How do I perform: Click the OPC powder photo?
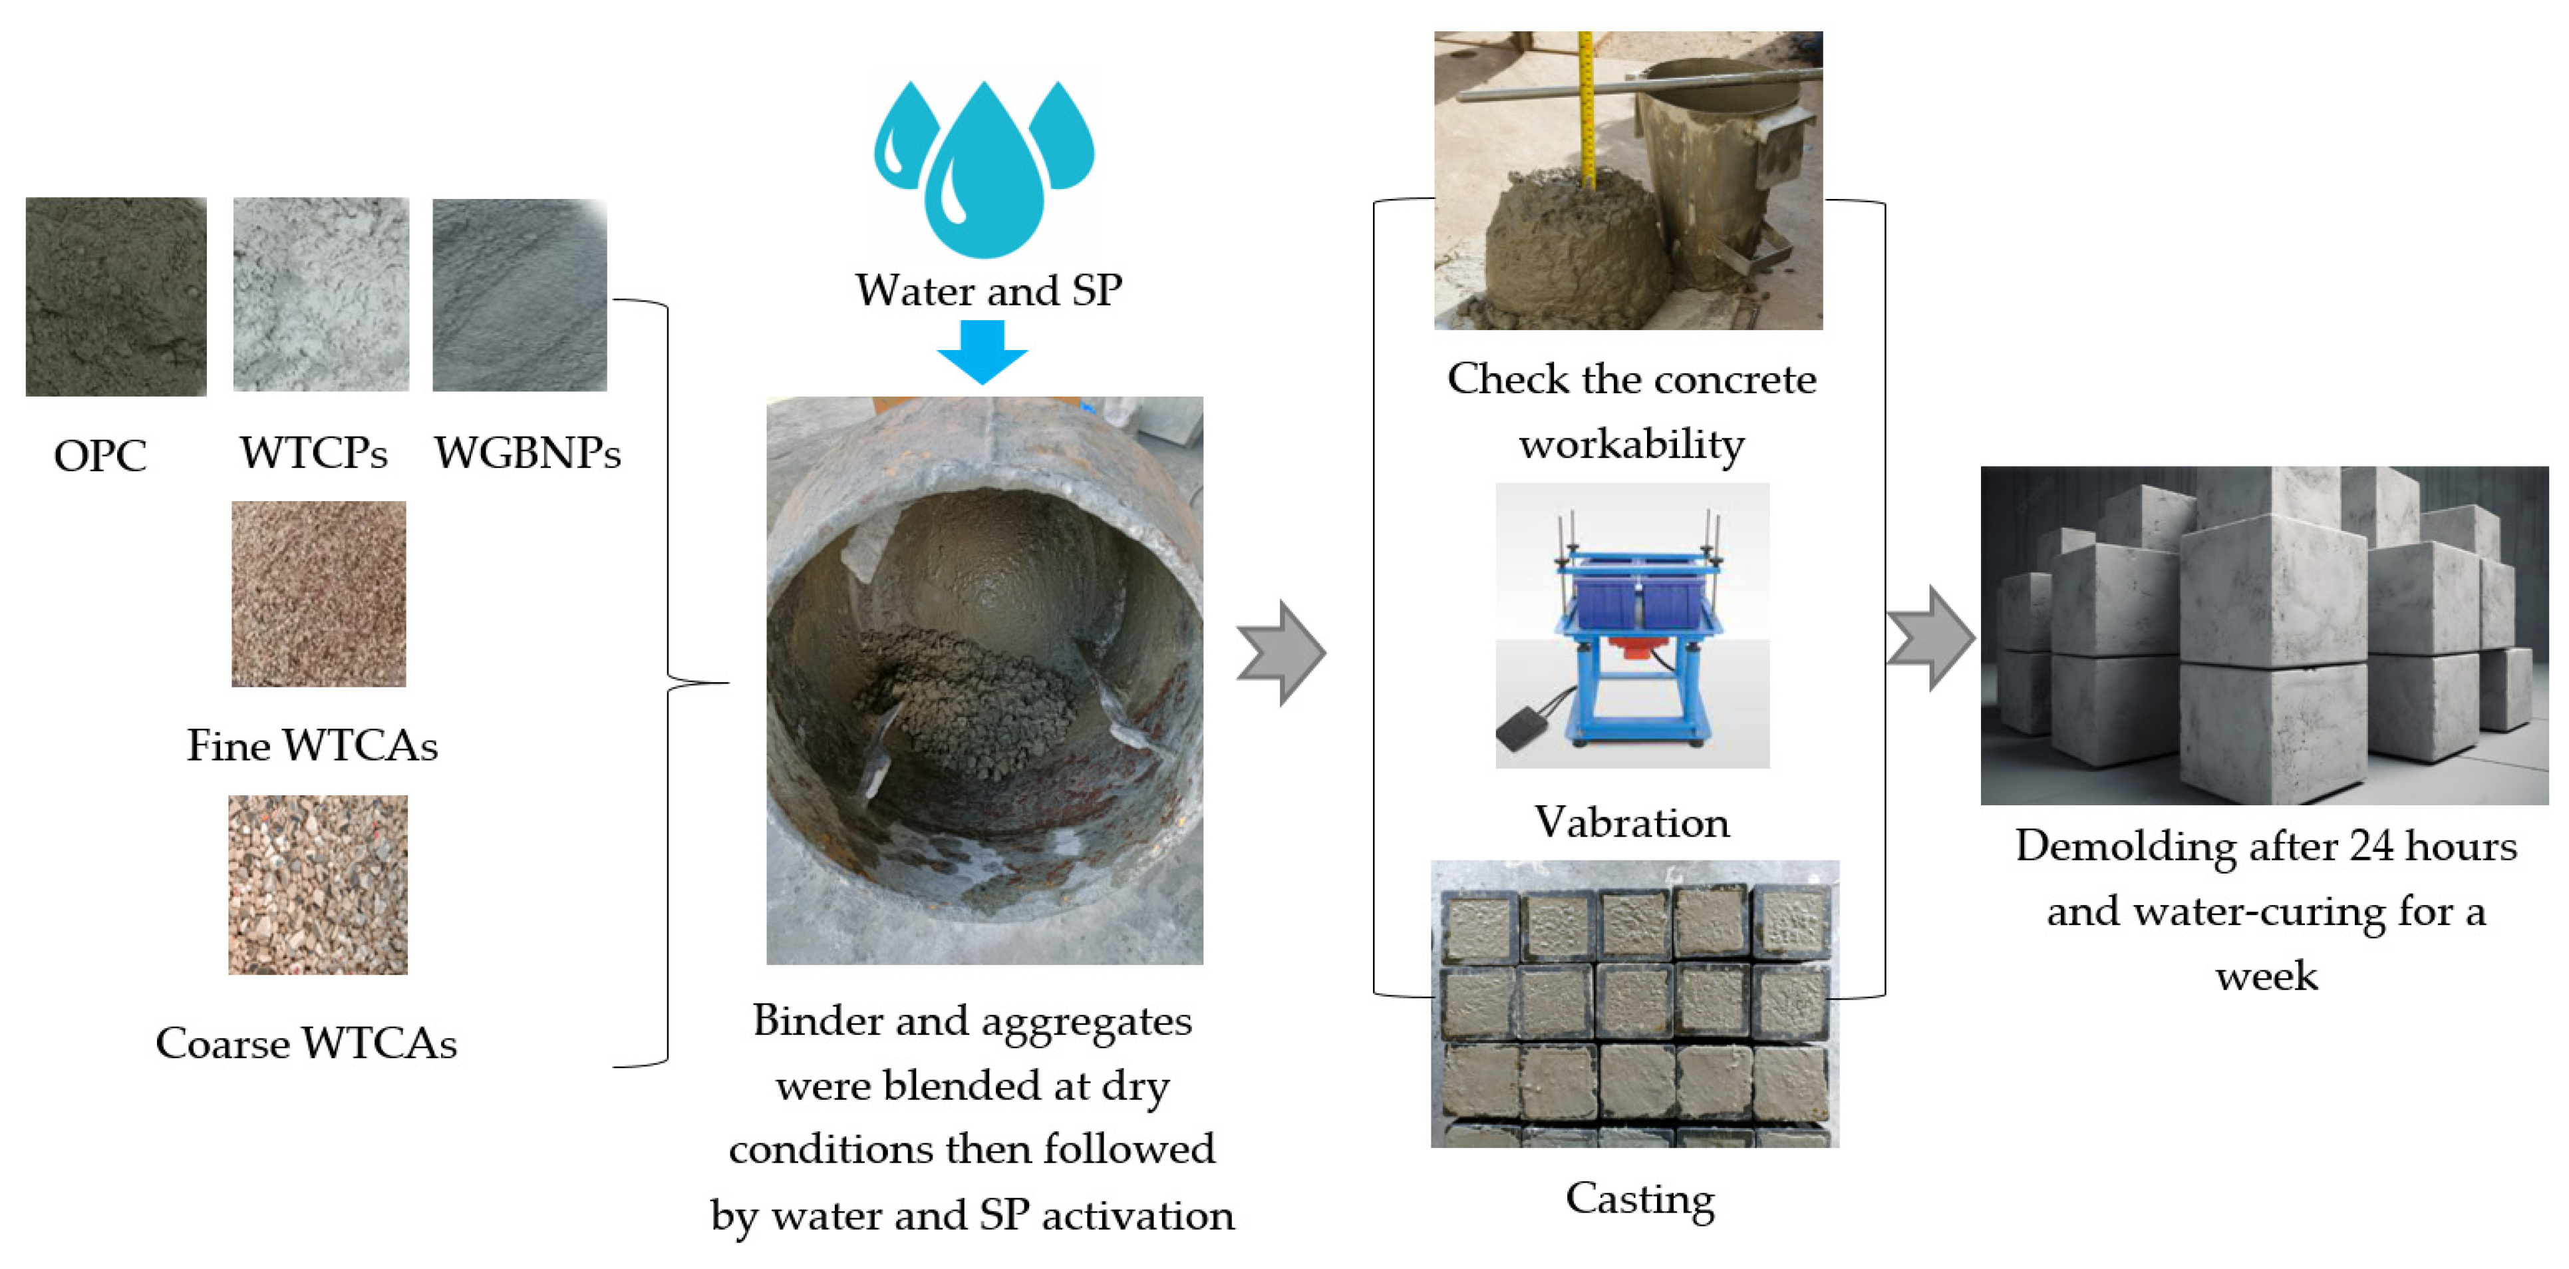116,296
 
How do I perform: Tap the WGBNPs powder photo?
520,294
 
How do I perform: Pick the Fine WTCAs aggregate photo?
318,593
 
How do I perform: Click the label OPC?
100,456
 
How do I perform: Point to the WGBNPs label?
527,453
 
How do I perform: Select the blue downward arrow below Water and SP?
982,351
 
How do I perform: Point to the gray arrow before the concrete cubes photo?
1932,637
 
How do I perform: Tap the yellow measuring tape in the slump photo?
1586,110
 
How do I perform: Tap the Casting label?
1640,1199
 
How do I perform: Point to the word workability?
1632,444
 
